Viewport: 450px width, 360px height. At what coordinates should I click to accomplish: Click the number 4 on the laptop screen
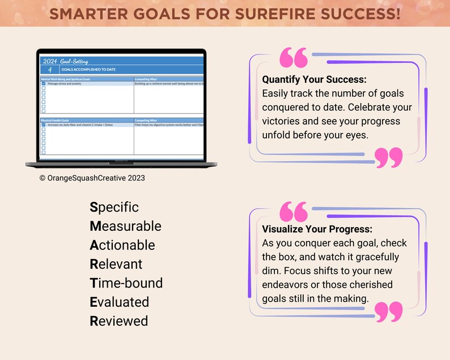click(x=50, y=69)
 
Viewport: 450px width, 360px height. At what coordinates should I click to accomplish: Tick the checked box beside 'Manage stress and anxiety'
click(x=44, y=83)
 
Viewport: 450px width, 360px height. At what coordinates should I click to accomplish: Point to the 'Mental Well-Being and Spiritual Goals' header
click(x=66, y=79)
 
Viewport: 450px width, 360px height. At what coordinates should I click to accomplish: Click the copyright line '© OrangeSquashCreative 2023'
click(x=92, y=177)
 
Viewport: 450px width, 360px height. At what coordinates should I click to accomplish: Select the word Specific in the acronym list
click(x=114, y=207)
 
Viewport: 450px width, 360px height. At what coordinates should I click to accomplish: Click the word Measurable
click(x=125, y=226)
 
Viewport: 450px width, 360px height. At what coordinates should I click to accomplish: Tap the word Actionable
click(x=122, y=245)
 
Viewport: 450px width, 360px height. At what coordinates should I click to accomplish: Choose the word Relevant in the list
click(x=116, y=264)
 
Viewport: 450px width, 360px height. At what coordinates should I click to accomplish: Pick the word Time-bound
click(x=126, y=283)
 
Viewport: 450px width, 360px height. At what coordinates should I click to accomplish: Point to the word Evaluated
click(x=119, y=302)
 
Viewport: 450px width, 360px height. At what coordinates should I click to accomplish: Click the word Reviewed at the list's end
click(x=118, y=321)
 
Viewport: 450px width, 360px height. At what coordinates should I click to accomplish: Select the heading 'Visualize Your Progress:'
click(x=317, y=230)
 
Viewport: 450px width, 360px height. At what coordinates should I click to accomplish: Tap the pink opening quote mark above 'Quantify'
click(x=294, y=58)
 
